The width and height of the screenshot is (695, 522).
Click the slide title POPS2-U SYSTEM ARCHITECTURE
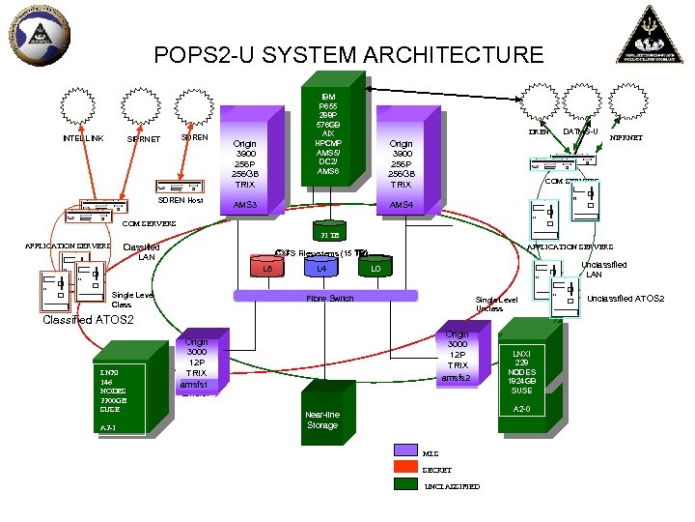(x=348, y=55)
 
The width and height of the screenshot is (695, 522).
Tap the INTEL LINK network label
(x=83, y=138)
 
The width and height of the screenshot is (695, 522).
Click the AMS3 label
(x=245, y=206)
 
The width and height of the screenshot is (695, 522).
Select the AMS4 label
(x=401, y=206)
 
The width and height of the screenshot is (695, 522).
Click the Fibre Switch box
(x=329, y=298)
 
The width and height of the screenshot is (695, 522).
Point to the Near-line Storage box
(x=322, y=420)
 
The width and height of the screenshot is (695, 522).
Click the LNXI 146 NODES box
(x=122, y=395)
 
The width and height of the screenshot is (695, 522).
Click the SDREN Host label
(x=180, y=200)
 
